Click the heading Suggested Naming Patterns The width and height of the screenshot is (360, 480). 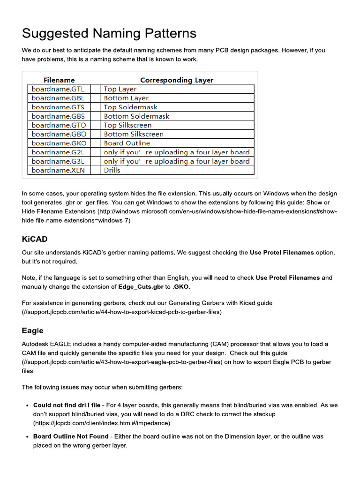(109, 33)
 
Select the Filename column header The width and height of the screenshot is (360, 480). (59, 80)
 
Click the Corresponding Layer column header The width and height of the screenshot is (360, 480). (177, 80)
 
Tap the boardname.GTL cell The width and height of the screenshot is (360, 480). (58, 89)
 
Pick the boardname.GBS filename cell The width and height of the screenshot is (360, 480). (58, 116)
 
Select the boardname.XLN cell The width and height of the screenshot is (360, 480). (58, 170)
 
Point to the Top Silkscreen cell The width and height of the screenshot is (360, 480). (127, 125)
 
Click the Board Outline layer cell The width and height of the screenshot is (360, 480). (127, 143)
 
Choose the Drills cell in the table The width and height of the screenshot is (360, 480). (112, 170)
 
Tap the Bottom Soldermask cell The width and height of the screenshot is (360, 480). (136, 116)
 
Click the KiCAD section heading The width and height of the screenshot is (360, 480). (35, 239)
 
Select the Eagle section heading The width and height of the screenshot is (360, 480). (33, 330)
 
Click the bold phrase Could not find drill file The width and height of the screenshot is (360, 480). (67, 405)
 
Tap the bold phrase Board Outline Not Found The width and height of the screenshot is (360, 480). (71, 436)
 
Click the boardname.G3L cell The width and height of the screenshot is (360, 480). (58, 161)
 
